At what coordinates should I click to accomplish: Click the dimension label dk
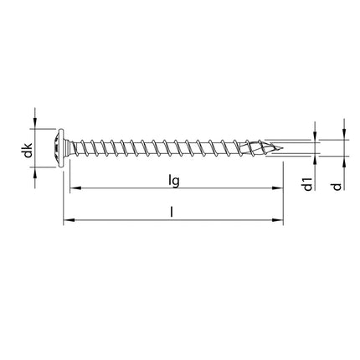tap(28, 152)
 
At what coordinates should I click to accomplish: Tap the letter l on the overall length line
tap(172, 213)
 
